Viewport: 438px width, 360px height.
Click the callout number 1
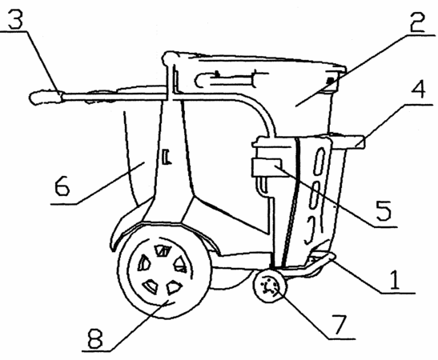(395, 280)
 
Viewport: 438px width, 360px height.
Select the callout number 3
(15, 18)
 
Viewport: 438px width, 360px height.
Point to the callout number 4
(419, 89)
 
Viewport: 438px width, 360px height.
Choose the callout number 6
(62, 186)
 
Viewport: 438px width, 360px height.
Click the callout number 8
(95, 338)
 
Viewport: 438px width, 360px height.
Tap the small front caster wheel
(269, 286)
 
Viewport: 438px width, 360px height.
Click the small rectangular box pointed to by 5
(267, 167)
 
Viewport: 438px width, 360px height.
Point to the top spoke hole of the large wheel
(163, 250)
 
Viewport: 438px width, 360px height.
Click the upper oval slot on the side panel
(319, 162)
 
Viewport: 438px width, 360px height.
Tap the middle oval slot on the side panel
(314, 198)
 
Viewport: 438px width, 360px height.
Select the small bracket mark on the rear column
(167, 157)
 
